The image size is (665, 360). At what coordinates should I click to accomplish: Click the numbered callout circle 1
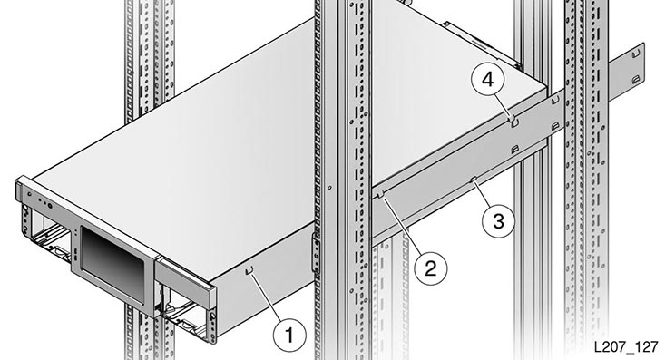(x=289, y=335)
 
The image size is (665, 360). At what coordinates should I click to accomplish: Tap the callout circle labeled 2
(x=430, y=268)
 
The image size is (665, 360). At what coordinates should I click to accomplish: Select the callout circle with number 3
(x=498, y=221)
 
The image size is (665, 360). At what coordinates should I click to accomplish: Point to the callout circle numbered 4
(x=488, y=80)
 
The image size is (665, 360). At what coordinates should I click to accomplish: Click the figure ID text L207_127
(x=626, y=346)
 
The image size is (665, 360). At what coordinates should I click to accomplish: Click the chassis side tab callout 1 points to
(x=249, y=270)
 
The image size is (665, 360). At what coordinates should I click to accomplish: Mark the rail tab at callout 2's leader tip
(x=380, y=194)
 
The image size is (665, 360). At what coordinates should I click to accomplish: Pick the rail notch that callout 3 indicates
(x=474, y=180)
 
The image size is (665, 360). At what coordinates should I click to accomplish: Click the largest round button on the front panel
(x=50, y=206)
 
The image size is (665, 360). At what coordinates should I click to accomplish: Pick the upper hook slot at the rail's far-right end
(x=635, y=54)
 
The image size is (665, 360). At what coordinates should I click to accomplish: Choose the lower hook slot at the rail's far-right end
(x=635, y=79)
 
